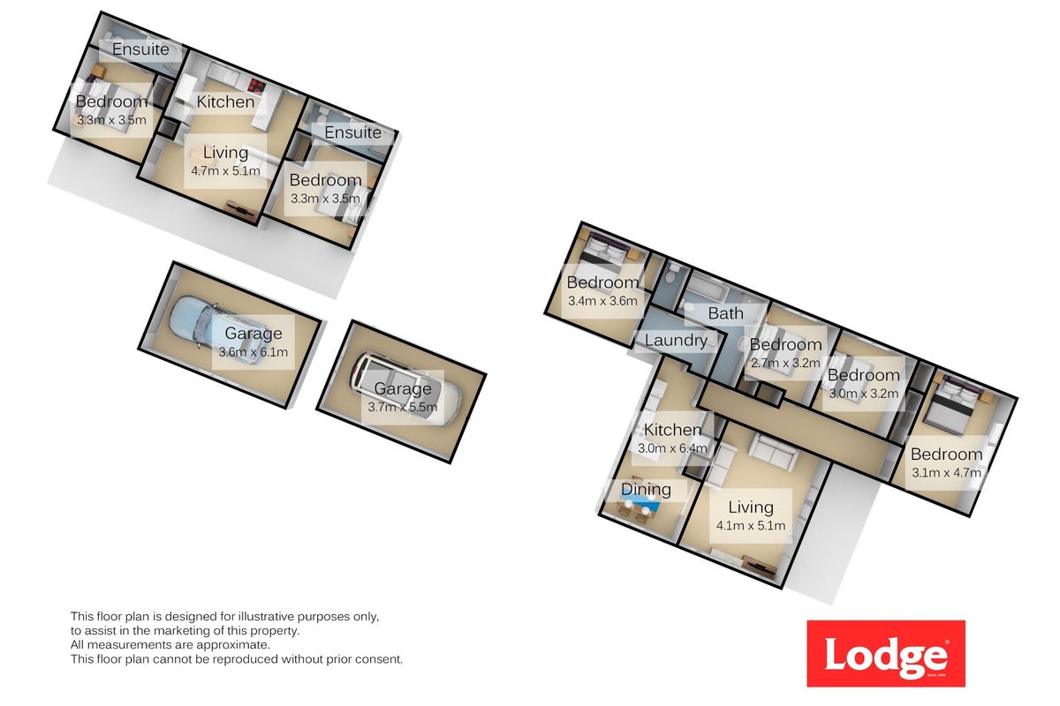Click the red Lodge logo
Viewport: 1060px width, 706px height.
pyautogui.click(x=886, y=653)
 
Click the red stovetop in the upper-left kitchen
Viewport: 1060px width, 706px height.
pyautogui.click(x=256, y=86)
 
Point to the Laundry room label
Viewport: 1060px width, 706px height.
pyautogui.click(x=676, y=340)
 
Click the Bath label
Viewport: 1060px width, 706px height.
pyautogui.click(x=725, y=313)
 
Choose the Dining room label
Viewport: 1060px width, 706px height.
pyautogui.click(x=646, y=490)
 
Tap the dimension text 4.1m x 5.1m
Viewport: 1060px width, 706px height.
pyautogui.click(x=751, y=525)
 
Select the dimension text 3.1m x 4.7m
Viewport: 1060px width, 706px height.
pyautogui.click(x=946, y=472)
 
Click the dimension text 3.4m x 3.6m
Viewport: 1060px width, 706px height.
pyautogui.click(x=602, y=301)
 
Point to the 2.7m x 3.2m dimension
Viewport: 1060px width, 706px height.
pyautogui.click(x=785, y=364)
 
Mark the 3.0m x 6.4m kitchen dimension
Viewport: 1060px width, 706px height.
pyautogui.click(x=672, y=447)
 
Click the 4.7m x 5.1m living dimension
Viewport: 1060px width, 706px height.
pyautogui.click(x=225, y=170)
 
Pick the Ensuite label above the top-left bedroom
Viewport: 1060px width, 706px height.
pyautogui.click(x=140, y=49)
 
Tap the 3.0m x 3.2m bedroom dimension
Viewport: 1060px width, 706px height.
pyautogui.click(x=864, y=394)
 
